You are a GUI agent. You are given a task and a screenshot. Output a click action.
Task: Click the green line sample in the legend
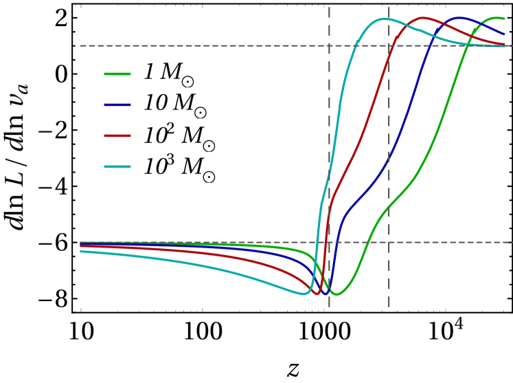pos(117,74)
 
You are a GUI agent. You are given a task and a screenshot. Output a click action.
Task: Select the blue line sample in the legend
pos(117,105)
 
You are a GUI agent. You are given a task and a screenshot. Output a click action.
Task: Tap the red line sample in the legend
pos(117,135)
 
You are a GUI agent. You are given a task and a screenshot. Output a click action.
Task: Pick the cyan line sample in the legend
pos(117,166)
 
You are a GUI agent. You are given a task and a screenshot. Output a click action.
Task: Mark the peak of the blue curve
pos(459,18)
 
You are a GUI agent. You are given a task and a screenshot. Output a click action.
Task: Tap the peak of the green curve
pos(498,18)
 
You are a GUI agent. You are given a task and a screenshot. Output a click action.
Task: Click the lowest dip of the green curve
pos(337,294)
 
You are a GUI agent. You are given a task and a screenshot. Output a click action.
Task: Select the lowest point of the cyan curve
pos(304,294)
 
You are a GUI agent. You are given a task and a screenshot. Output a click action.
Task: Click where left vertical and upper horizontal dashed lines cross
pos(329,46)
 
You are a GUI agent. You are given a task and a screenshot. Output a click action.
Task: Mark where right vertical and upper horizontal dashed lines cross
pos(389,46)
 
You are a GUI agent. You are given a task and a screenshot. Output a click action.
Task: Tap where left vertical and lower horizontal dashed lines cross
pos(329,242)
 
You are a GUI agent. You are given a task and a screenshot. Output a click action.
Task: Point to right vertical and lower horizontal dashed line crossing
pos(389,242)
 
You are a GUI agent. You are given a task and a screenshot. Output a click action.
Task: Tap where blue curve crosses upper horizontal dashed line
pos(431,46)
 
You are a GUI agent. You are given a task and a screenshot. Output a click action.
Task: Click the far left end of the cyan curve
pos(80,251)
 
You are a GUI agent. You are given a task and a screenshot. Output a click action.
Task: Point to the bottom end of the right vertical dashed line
pos(389,307)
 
